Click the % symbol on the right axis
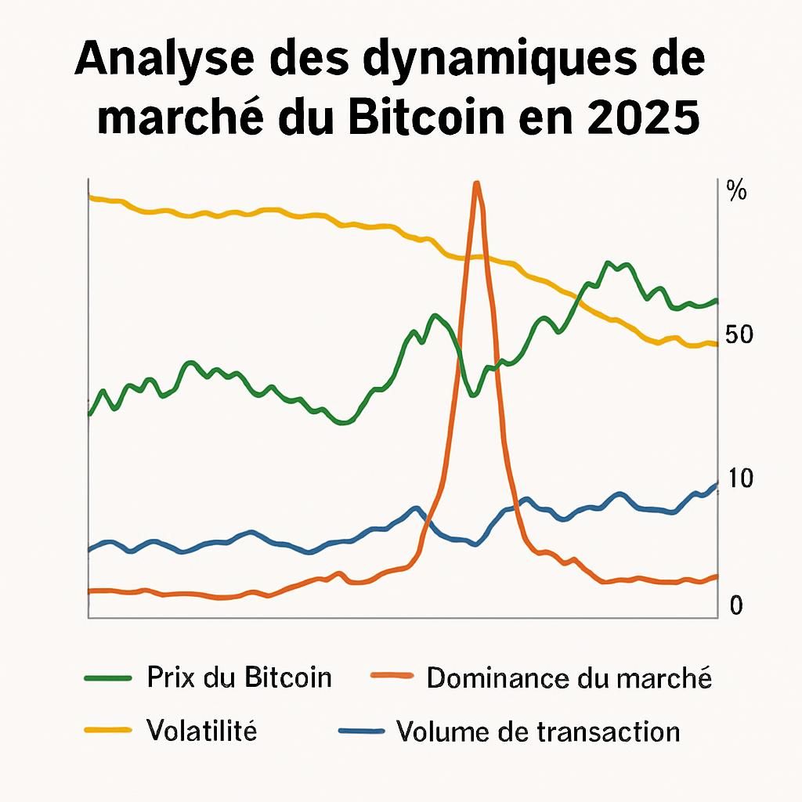pyautogui.click(x=736, y=190)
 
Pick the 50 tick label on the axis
pyautogui.click(x=739, y=335)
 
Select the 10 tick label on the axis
pyautogui.click(x=739, y=479)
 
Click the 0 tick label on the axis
pyautogui.click(x=735, y=605)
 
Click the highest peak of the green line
pyautogui.click(x=609, y=263)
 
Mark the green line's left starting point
pyautogui.click(x=90, y=413)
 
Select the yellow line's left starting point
pyautogui.click(x=90, y=197)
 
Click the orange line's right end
pyautogui.click(x=716, y=576)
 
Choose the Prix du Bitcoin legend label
pyautogui.click(x=239, y=677)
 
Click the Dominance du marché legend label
pyautogui.click(x=569, y=677)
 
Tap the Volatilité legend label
pyautogui.click(x=201, y=731)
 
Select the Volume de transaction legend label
pyautogui.click(x=538, y=731)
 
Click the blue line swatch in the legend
pyautogui.click(x=361, y=732)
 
